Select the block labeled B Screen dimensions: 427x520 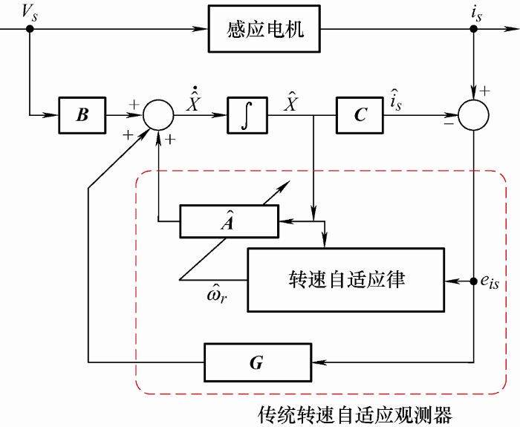82,115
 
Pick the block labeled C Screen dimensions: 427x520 360,115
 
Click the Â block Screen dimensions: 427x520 228,221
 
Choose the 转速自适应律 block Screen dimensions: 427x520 346,280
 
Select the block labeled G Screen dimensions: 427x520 256,362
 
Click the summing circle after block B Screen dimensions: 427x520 157,116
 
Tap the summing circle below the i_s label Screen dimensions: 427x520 473,115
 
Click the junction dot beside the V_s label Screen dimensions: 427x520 30,30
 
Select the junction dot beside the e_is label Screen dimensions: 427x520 473,281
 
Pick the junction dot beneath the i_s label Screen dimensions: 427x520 473,30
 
